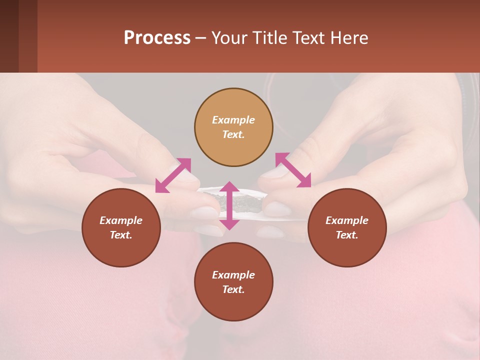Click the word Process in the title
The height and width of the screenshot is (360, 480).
tap(157, 38)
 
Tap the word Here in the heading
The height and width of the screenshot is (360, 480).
tap(348, 38)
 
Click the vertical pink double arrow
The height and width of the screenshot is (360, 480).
tap(229, 205)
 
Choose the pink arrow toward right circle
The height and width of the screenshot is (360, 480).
tap(293, 170)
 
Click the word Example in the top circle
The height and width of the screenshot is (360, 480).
tap(233, 120)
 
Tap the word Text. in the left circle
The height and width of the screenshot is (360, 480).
tap(121, 235)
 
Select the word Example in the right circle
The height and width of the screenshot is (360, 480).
tap(347, 220)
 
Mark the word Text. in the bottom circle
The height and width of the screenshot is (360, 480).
tap(233, 289)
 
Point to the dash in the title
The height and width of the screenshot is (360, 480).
tap(201, 38)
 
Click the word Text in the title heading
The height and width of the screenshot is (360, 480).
tap(308, 38)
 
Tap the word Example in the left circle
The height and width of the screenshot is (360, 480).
tap(121, 220)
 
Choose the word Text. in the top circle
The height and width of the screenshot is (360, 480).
tap(233, 134)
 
